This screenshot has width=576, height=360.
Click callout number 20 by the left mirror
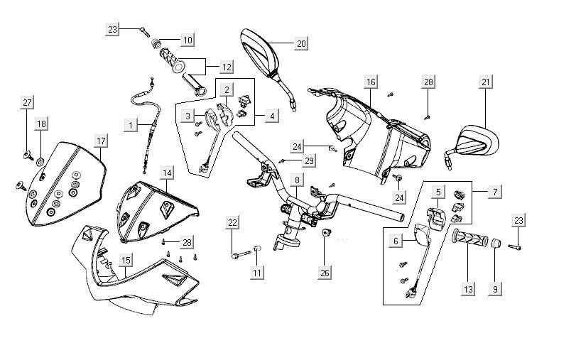point(301,43)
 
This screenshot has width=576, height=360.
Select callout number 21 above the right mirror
point(486,83)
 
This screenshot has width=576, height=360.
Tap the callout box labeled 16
point(371,83)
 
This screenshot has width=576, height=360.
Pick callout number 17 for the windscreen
point(101,140)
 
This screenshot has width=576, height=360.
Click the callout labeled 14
point(166,173)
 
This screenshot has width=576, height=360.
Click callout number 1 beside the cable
point(130,125)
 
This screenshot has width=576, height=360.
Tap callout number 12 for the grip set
point(227,67)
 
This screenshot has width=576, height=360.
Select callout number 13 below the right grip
point(468,289)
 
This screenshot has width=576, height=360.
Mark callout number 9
point(496,289)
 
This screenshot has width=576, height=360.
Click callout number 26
point(325,273)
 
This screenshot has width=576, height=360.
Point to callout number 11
point(257,273)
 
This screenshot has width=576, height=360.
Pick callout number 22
point(232,223)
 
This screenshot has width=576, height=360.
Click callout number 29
point(309,161)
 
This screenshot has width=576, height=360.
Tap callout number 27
point(26,103)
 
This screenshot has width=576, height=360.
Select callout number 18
point(41,124)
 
